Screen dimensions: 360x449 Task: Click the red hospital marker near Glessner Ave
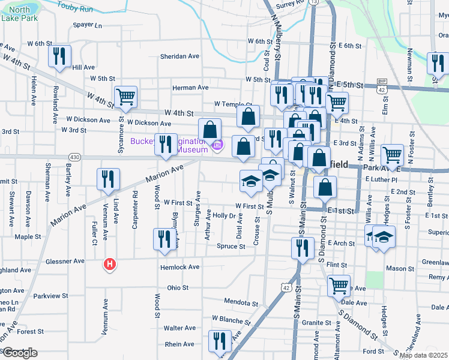tap(109, 264)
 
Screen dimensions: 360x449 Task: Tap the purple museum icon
tap(217, 145)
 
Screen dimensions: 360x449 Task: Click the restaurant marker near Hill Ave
tap(59, 56)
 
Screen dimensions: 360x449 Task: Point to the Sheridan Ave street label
tap(179, 56)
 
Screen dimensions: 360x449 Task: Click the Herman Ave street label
tap(190, 88)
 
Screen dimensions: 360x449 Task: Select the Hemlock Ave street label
tap(179, 267)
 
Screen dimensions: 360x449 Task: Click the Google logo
tap(19, 352)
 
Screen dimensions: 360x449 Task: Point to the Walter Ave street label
tap(180, 328)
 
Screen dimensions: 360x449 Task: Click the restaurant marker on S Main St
tap(302, 247)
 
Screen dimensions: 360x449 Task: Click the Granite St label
tap(312, 323)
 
